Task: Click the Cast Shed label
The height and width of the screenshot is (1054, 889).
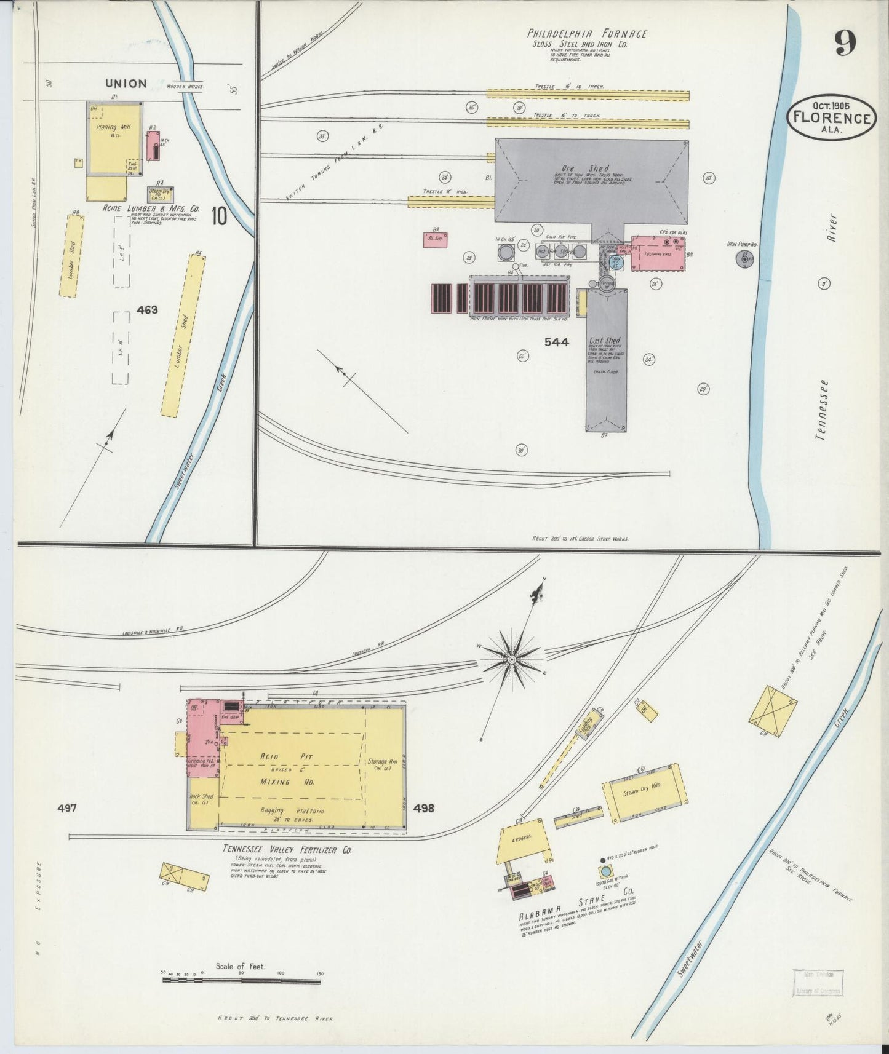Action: click(x=604, y=341)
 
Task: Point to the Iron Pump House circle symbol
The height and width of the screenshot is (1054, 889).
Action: click(x=745, y=260)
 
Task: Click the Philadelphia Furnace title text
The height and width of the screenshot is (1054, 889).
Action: click(x=587, y=34)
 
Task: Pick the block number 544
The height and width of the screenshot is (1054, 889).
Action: click(x=556, y=342)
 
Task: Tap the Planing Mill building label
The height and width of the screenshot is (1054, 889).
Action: click(x=111, y=127)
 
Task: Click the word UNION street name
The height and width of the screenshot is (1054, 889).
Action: click(x=126, y=83)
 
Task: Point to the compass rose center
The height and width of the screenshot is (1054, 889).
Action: click(x=511, y=660)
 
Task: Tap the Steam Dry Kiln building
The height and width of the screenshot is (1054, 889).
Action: click(x=644, y=793)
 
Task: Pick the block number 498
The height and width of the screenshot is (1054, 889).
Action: click(x=424, y=807)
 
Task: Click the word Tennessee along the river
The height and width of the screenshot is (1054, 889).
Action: click(x=821, y=410)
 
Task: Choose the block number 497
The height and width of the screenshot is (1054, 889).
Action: click(x=66, y=808)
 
